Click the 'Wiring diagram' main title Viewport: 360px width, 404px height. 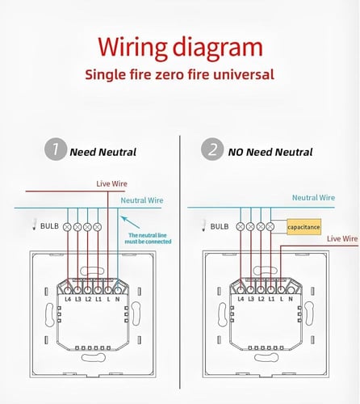(180, 48)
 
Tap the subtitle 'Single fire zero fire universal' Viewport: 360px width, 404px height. (179, 74)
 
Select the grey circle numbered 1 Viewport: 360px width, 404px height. (56, 149)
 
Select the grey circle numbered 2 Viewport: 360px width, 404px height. (212, 149)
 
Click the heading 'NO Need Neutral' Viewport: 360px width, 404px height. (270, 152)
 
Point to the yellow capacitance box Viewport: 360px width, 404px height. (303, 227)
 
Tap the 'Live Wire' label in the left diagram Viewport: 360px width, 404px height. (111, 183)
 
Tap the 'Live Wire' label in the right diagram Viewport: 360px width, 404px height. (342, 238)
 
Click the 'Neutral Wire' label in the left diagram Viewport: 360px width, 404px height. (142, 200)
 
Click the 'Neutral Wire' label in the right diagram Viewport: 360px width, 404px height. (313, 198)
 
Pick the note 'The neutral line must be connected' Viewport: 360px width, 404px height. (148, 238)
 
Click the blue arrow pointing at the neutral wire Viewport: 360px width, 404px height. (130, 222)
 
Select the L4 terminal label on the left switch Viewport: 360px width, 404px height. (68, 299)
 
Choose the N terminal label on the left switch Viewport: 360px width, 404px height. (118, 299)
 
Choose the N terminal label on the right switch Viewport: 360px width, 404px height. (291, 299)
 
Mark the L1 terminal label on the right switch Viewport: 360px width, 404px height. (271, 299)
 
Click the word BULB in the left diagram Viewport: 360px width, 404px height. (49, 226)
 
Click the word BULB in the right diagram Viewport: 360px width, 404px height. (220, 226)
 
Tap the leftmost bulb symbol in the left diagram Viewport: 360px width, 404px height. (67, 227)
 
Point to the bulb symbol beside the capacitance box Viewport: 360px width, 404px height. (270, 227)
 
